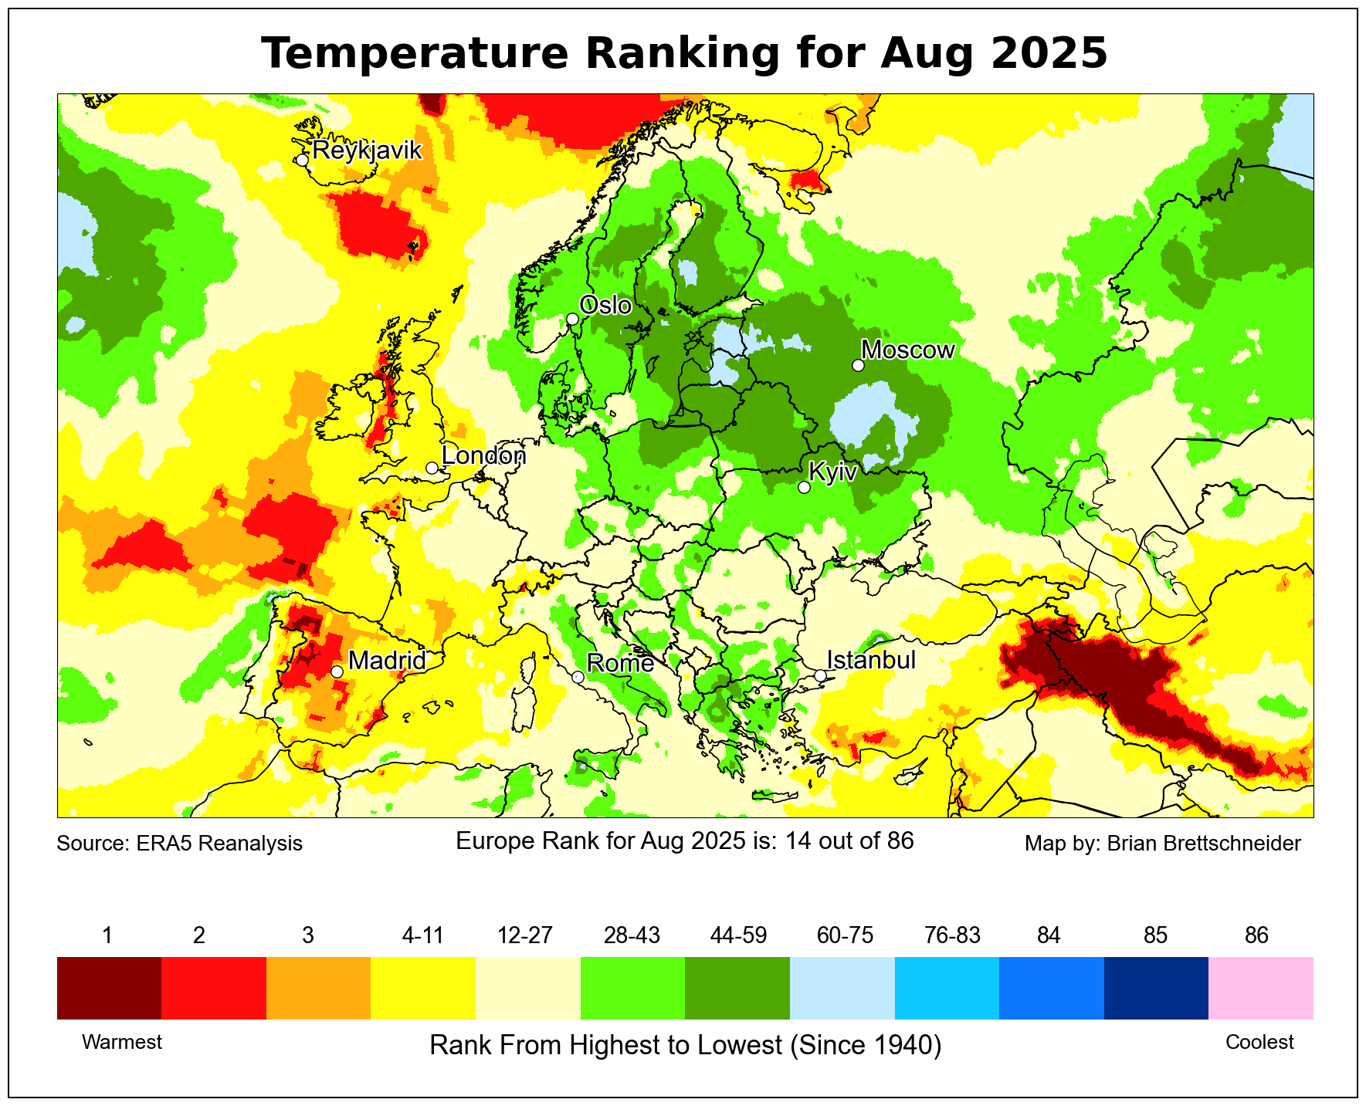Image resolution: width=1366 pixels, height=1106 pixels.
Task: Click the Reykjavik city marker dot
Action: pyautogui.click(x=302, y=160)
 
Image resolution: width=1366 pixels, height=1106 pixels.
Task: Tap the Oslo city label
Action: pyautogui.click(x=605, y=306)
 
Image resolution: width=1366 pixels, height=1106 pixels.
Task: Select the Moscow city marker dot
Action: pyautogui.click(x=858, y=365)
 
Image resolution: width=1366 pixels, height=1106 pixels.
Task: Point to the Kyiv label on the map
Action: pyautogui.click(x=832, y=472)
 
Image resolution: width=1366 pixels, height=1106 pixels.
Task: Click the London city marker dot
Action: pyautogui.click(x=432, y=468)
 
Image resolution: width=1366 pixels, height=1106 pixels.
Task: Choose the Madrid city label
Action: pyautogui.click(x=387, y=661)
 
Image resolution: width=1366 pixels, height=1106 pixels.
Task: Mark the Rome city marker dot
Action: pyautogui.click(x=578, y=677)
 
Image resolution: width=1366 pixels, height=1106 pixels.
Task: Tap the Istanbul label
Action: pyautogui.click(x=871, y=661)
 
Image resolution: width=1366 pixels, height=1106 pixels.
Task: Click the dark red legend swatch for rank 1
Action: pyautogui.click(x=109, y=988)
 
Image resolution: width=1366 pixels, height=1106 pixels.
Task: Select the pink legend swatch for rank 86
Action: pyautogui.click(x=1260, y=988)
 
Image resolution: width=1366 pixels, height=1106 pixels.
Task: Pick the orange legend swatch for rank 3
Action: pyautogui.click(x=318, y=988)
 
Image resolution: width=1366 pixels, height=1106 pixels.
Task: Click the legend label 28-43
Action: pyautogui.click(x=632, y=935)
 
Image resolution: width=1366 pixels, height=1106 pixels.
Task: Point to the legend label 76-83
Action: pyautogui.click(x=952, y=935)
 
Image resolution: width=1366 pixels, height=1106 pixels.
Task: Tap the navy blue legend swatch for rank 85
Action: pyautogui.click(x=1156, y=988)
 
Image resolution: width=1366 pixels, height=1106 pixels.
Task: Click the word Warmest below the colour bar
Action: pyautogui.click(x=122, y=1043)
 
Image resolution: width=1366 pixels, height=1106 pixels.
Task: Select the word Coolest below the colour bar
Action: pyautogui.click(x=1259, y=1043)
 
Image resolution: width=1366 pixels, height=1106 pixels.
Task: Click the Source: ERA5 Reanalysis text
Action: pyautogui.click(x=179, y=844)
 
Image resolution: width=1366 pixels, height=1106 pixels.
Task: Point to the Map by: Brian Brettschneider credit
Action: pyautogui.click(x=1162, y=844)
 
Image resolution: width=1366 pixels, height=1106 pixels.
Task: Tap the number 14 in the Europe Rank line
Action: pyautogui.click(x=796, y=840)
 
